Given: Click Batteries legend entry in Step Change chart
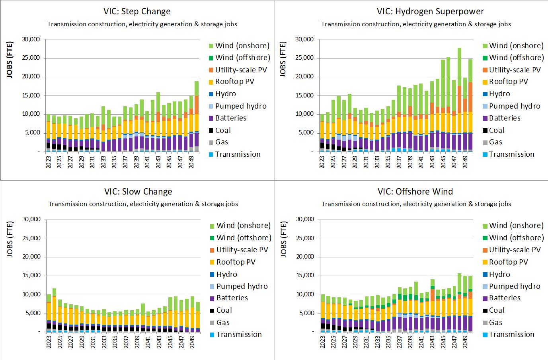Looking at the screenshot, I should pos(230,118).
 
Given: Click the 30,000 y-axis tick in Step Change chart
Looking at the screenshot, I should pos(30,39).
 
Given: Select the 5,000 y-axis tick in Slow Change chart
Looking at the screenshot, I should pos(32,313).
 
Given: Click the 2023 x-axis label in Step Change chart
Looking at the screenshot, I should pos(49,161).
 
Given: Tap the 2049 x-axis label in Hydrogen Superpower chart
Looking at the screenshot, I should pos(465,161).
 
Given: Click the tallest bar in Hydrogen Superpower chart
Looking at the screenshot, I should pos(459,99).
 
